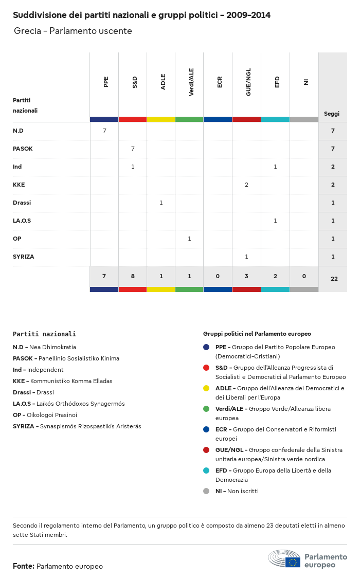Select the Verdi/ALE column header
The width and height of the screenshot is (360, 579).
click(x=191, y=83)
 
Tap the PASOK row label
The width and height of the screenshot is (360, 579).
click(x=23, y=149)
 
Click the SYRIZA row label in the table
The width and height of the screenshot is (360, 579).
click(x=24, y=257)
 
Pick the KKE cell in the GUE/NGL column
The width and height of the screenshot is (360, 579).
click(x=246, y=185)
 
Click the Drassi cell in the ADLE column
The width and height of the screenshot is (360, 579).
click(x=161, y=203)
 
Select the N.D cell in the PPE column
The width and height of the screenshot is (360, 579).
click(x=104, y=131)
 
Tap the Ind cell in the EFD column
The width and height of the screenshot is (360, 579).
click(x=275, y=167)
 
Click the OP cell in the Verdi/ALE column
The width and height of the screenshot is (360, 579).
click(x=189, y=239)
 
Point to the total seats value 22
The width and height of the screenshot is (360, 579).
click(x=334, y=279)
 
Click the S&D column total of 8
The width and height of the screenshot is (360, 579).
click(x=133, y=276)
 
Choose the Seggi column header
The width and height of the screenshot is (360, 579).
click(x=331, y=114)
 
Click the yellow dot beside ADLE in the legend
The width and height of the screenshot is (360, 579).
click(x=206, y=388)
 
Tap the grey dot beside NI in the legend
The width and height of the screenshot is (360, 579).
click(x=206, y=491)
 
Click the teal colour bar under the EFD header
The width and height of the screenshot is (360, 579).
click(x=275, y=119)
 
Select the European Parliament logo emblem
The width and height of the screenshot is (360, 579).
click(x=284, y=558)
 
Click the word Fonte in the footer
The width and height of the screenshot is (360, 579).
click(x=24, y=566)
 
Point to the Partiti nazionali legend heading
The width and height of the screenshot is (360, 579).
click(x=44, y=334)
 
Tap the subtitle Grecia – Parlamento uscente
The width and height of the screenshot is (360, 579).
click(x=73, y=31)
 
